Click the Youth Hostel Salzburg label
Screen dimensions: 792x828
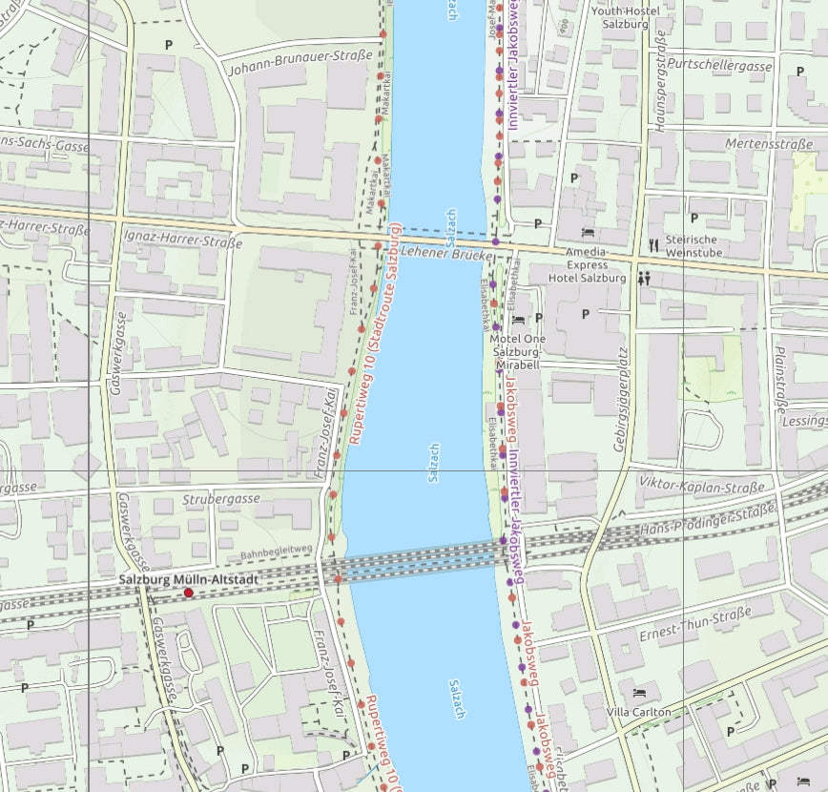pos(625,17)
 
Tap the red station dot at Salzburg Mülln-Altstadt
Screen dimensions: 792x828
pos(189,593)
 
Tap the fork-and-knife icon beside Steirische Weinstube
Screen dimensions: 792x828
pos(653,244)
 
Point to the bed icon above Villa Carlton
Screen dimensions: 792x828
pos(638,692)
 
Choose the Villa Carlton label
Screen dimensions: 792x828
pos(638,712)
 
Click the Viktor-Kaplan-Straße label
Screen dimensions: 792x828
pos(701,488)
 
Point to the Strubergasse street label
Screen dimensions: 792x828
pos(221,499)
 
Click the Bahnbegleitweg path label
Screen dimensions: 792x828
pos(277,551)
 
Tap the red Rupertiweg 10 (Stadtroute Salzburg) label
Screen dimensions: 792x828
pos(374,334)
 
